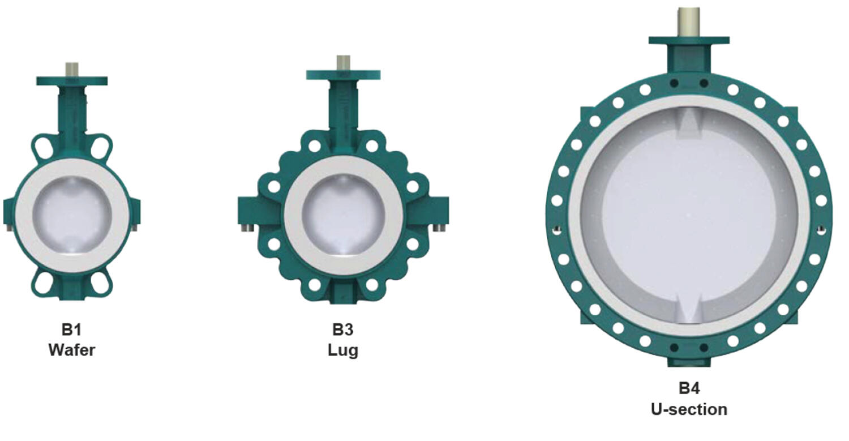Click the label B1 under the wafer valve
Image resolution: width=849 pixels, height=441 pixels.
[x=72, y=330]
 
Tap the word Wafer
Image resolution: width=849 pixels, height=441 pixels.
[x=72, y=350]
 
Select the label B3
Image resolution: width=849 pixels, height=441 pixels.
[x=343, y=330]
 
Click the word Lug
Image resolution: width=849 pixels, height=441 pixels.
[x=343, y=350]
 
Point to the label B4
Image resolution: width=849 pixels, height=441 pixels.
[x=689, y=388]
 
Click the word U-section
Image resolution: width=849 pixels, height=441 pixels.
[x=689, y=409]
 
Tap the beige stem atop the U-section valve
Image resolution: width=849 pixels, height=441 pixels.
[x=689, y=22]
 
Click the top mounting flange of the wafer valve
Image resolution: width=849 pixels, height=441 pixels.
[x=72, y=81]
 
